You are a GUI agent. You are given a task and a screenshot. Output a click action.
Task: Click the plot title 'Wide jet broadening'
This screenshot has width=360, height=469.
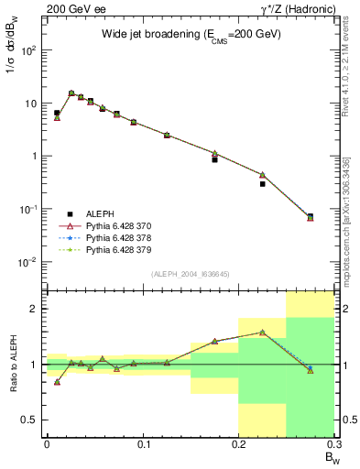point(191,34)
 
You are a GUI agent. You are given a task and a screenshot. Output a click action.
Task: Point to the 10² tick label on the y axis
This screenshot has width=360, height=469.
point(29,49)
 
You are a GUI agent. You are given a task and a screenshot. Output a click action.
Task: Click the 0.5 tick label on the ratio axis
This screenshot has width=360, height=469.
point(30,420)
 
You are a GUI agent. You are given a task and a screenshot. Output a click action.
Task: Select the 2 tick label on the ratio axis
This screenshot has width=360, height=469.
point(34,310)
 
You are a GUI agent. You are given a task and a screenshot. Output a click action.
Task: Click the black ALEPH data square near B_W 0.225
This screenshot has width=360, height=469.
point(262,184)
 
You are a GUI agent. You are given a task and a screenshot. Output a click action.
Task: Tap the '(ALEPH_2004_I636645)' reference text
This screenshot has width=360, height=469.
point(191,275)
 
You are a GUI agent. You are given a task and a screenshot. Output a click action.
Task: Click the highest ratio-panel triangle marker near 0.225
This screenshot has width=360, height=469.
point(262,333)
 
